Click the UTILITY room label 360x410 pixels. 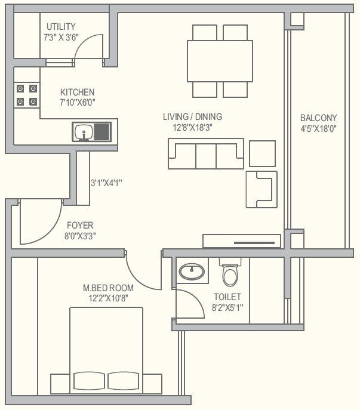tap(61, 26)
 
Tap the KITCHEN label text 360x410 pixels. tap(77, 92)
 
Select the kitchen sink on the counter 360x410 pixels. tap(84, 131)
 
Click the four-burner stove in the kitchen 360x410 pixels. tap(27, 95)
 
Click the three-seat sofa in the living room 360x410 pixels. tap(206, 155)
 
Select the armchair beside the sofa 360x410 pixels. tap(261, 189)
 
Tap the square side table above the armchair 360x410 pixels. tap(262, 153)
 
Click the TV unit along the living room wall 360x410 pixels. tap(241, 241)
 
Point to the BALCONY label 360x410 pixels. tap(318, 118)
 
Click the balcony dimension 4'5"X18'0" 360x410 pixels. tap(319, 128)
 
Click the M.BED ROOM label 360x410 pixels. tap(109, 288)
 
